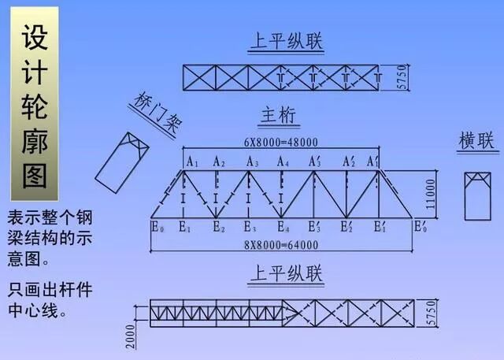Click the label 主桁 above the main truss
pos(277,117)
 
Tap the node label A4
pos(282,161)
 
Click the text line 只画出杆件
pos(50,289)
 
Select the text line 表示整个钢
pos(50,217)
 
